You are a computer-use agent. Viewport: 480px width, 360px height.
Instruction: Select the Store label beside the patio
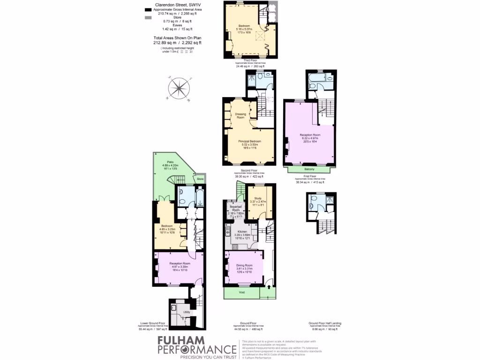(x=200, y=179)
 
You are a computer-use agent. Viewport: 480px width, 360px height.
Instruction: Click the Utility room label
(x=186, y=312)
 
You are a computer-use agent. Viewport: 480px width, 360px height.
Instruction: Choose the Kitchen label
(x=243, y=232)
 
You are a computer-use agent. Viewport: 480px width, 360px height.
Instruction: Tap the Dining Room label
(x=244, y=265)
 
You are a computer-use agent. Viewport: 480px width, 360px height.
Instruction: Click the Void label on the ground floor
(x=242, y=292)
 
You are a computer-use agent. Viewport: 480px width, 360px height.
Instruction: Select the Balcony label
(x=309, y=169)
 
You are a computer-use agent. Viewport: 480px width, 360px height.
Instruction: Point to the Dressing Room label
(x=240, y=115)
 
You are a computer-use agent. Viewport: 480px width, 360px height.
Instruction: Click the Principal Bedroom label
(x=249, y=142)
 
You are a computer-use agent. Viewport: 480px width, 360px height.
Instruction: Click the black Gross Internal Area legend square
(x=148, y=9)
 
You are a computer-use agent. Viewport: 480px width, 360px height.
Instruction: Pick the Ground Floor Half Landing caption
(x=323, y=323)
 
